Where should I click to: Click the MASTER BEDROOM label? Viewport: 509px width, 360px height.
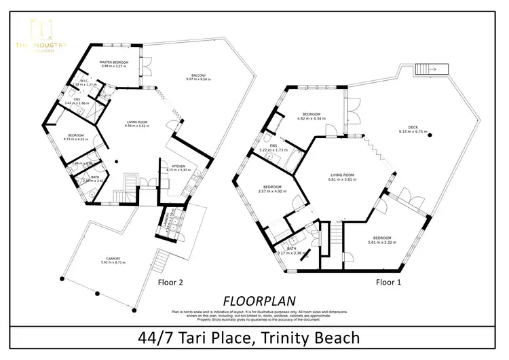coord(114,62)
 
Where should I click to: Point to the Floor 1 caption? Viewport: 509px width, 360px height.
coord(390,281)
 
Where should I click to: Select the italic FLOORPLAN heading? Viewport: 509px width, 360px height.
coord(254,300)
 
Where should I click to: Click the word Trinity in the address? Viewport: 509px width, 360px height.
coord(278,337)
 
